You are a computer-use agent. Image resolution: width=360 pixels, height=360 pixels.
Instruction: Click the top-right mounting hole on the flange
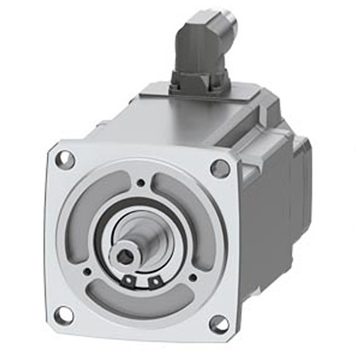[x=219, y=169]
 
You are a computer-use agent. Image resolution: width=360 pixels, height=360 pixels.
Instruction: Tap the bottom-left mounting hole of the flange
[x=64, y=312]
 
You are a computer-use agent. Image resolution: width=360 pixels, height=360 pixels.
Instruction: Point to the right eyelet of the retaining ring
[x=155, y=282]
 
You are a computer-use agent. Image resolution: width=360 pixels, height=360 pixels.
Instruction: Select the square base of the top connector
[x=199, y=79]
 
